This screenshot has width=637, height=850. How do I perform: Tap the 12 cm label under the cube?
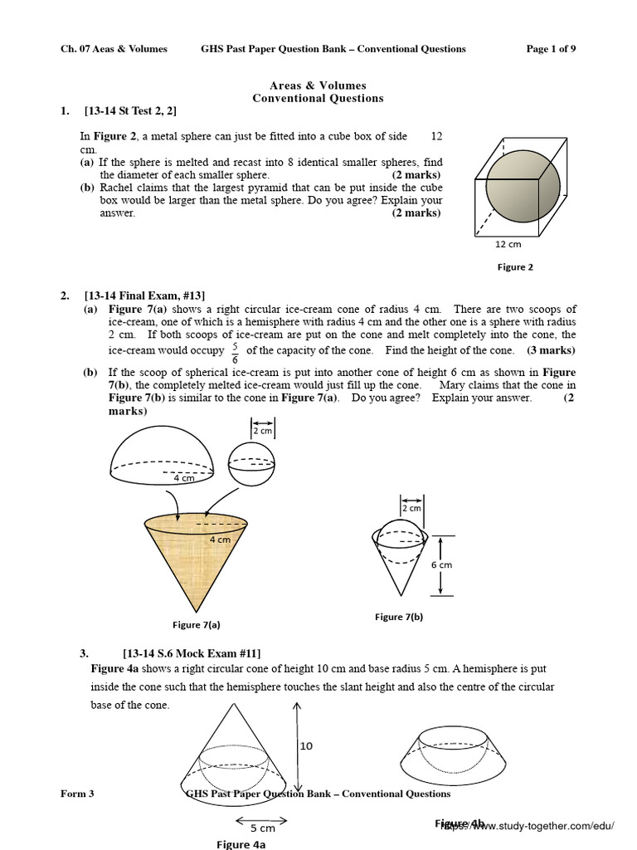coord(508,244)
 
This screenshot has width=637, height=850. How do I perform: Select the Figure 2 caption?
coord(515,267)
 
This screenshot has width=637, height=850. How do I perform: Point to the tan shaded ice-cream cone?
coord(196,556)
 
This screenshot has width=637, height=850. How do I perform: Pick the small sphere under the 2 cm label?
coord(250,463)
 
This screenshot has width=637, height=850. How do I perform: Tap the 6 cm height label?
coord(441,564)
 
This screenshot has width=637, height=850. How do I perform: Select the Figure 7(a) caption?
coord(197,625)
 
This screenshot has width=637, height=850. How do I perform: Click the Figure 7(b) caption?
coord(399,617)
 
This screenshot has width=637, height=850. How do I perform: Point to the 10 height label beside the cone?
coord(306,746)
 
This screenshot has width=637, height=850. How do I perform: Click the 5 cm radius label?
coord(262,828)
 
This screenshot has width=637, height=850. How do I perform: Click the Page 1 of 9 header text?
coord(551,49)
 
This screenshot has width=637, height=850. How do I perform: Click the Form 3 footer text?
coord(77,794)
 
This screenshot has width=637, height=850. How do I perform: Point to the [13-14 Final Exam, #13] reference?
coord(145,296)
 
